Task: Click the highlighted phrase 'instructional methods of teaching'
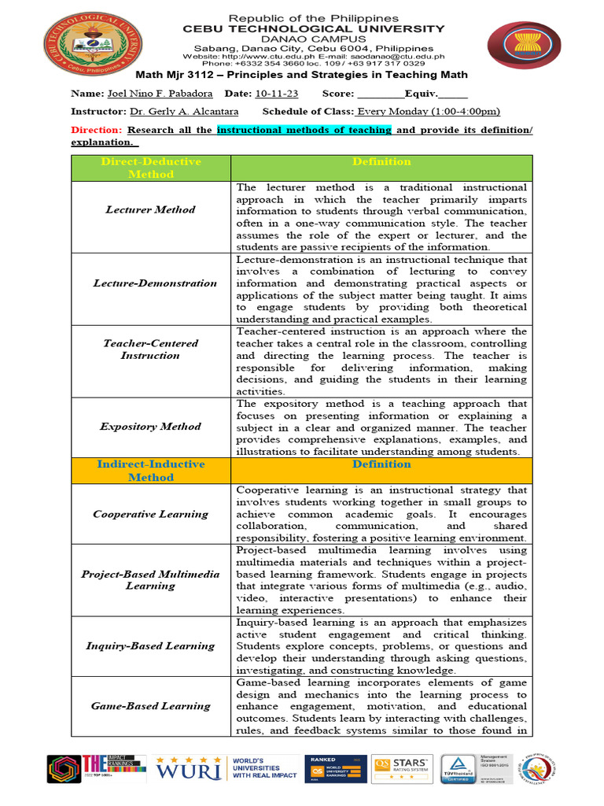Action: pyautogui.click(x=304, y=130)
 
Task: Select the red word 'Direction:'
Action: pyautogui.click(x=96, y=130)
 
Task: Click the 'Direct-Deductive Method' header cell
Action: pyautogui.click(x=150, y=168)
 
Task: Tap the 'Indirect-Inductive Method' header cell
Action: pyautogui.click(x=150, y=471)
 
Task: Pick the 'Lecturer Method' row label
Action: pyautogui.click(x=150, y=210)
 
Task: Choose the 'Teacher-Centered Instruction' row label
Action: pyautogui.click(x=150, y=349)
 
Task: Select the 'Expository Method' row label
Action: pyautogui.click(x=150, y=427)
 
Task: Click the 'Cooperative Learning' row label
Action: pyautogui.click(x=150, y=514)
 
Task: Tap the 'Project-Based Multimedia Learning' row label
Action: pyautogui.click(x=150, y=580)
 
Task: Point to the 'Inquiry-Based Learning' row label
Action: pyautogui.click(x=150, y=646)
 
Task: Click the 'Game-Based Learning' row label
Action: pyautogui.click(x=150, y=706)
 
